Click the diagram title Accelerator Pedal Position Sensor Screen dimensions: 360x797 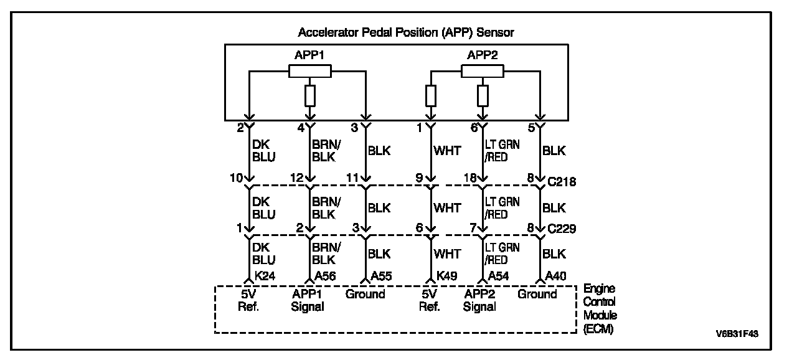406,32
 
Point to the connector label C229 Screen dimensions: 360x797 562,229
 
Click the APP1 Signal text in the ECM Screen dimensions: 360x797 308,300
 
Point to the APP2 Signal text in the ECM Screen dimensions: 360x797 480,300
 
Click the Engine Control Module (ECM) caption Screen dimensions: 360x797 600,309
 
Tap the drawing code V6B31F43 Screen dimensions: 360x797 737,334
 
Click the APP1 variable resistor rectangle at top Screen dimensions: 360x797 310,72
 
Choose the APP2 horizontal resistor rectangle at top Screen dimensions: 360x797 483,72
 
